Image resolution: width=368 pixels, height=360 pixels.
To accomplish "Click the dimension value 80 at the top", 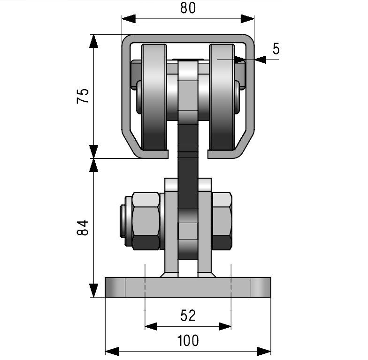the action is point(188,8).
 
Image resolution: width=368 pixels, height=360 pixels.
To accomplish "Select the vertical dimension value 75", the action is point(83,96).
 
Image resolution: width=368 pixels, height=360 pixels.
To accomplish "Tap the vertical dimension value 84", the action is point(83,228).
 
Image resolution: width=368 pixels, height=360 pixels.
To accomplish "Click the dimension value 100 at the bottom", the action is point(188,340).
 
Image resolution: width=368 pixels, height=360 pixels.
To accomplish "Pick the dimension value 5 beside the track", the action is point(276,49).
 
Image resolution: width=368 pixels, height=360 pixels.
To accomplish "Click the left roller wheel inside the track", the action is point(154,97).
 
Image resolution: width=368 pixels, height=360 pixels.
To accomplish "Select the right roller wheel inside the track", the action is point(222,97).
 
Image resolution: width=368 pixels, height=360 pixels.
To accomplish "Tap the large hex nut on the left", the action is point(146,221).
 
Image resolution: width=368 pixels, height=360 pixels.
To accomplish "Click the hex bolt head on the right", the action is point(222,221).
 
